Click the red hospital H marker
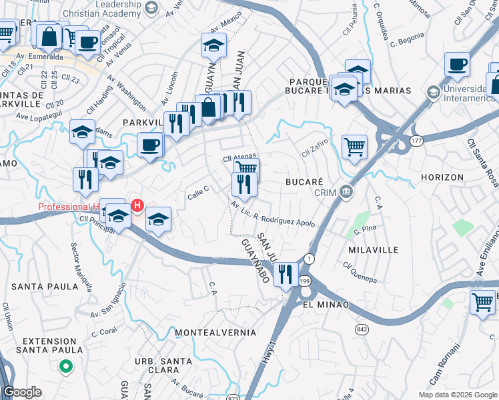pyautogui.click(x=137, y=205)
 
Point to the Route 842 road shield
pyautogui.click(x=362, y=329)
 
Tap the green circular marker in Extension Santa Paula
pyautogui.click(x=65, y=365)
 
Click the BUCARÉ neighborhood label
pyautogui.click(x=304, y=181)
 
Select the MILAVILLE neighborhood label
pyautogui.click(x=373, y=249)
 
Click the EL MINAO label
pyautogui.click(x=326, y=304)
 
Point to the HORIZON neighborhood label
pyautogui.click(x=442, y=177)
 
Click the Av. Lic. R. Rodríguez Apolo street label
pyautogui.click(x=273, y=214)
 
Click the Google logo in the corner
pyautogui.click(x=21, y=392)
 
